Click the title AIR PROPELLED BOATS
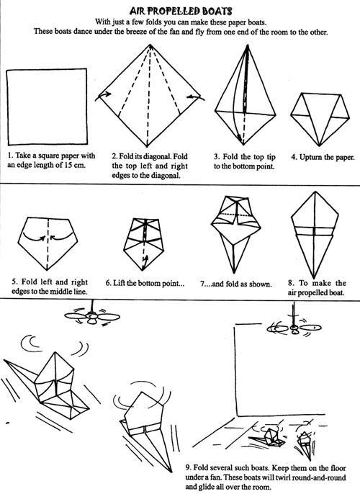point(181,12)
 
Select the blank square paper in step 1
point(47,107)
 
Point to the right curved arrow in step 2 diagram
point(196,96)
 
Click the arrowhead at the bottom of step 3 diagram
point(240,139)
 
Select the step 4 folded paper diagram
point(320,119)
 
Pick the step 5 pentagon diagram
point(48,243)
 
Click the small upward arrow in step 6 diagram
point(145,260)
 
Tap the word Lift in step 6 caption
point(119,283)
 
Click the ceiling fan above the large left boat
point(91,315)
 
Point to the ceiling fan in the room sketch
point(294,327)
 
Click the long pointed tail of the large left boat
point(20,371)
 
